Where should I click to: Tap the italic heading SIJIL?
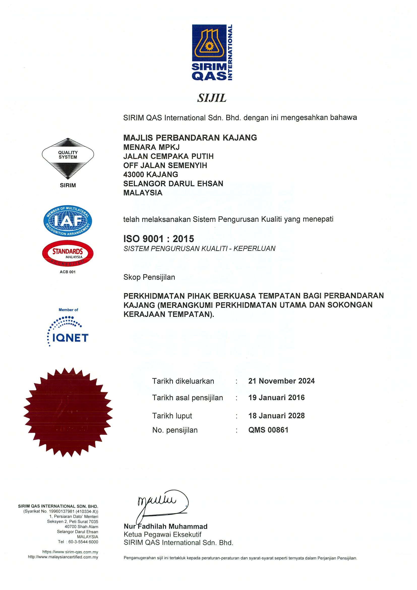click(x=212, y=98)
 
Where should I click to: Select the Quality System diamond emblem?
click(x=68, y=158)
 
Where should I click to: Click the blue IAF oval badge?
click(x=68, y=221)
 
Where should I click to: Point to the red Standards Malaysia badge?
click(x=68, y=253)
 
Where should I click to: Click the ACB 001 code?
click(x=68, y=272)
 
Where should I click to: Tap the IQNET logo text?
click(x=70, y=338)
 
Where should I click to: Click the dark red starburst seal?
click(x=68, y=412)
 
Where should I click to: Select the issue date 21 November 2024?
click(x=281, y=381)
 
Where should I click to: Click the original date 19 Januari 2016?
click(x=276, y=398)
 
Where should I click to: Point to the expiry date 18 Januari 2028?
click(x=276, y=416)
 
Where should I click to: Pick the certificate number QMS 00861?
click(x=268, y=430)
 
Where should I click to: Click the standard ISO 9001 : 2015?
click(x=159, y=239)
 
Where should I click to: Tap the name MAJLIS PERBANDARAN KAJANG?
click(x=190, y=138)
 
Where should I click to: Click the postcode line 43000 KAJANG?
click(x=151, y=174)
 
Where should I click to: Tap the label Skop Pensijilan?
click(x=149, y=277)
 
